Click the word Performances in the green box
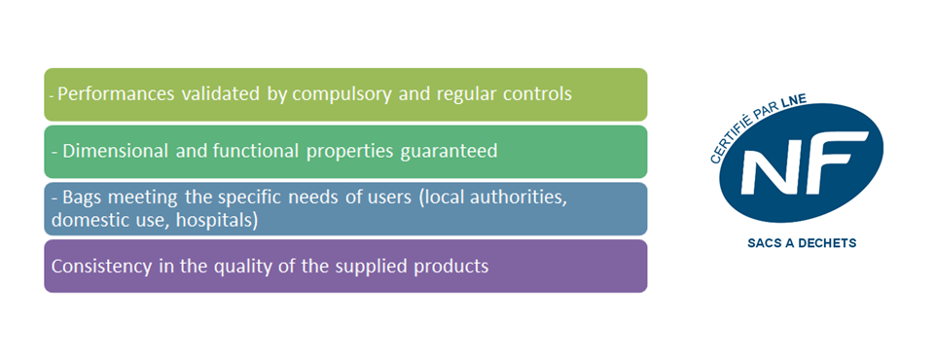(104, 94)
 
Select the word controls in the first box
(535, 94)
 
